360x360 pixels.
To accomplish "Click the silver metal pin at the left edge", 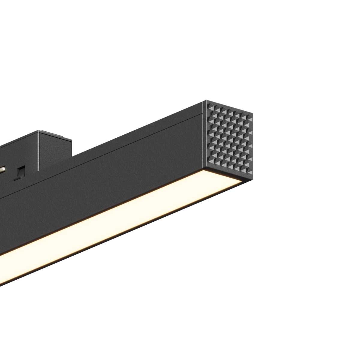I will pyautogui.click(x=2, y=169).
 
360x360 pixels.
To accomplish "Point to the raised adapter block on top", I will pyautogui.click(x=54, y=147).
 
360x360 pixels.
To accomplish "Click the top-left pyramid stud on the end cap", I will pyautogui.click(x=209, y=107).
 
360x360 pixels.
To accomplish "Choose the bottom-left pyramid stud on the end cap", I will pyautogui.click(x=209, y=162).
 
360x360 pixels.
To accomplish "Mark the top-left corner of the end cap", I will pyautogui.click(x=204, y=101).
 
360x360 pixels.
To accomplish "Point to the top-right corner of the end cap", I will pyautogui.click(x=252, y=113).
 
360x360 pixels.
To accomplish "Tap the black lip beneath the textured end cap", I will pyautogui.click(x=231, y=175).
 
